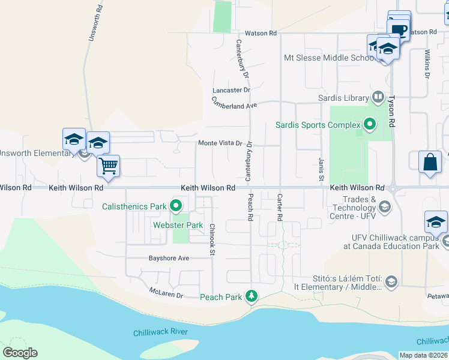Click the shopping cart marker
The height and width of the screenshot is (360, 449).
tap(109, 165)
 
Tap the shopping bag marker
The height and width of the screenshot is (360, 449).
tap(430, 161)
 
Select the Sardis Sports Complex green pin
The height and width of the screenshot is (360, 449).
tap(369, 125)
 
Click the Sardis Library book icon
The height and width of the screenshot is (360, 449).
tap(378, 97)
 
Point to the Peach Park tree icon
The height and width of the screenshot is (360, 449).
tap(253, 296)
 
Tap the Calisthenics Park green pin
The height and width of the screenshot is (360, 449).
tap(176, 206)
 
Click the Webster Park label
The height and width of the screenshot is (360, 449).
tap(178, 225)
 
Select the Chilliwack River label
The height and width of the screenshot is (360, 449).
tap(160, 332)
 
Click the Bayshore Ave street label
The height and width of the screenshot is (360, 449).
tap(169, 258)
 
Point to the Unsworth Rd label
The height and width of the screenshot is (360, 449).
tap(92, 20)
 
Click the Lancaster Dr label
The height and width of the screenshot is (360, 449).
tap(231, 90)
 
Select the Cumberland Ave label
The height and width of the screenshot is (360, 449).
tap(234, 104)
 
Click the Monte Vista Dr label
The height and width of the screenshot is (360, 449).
tap(220, 143)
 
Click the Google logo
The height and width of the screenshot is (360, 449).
tap(20, 353)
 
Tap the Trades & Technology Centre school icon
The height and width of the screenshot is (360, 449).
tap(385, 207)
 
